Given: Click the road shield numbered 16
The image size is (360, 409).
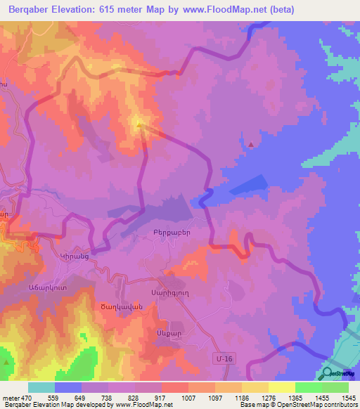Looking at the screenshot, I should pos(224,359).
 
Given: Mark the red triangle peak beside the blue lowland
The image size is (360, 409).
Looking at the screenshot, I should pos(252,144).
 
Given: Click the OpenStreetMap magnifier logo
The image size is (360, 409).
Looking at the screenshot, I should pos(328,373).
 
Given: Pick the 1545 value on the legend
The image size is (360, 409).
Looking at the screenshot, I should pos(348,398).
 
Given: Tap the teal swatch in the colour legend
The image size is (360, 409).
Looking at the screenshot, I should pos(41,387).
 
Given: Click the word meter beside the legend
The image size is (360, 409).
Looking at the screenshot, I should pos(10,398).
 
